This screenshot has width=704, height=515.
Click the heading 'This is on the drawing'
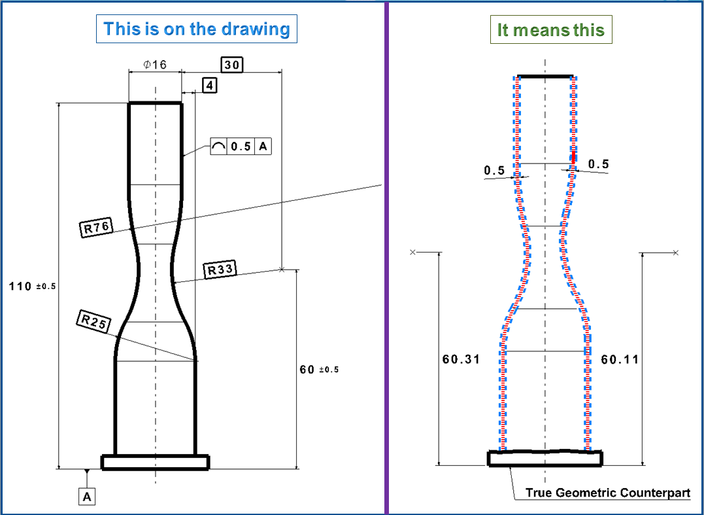point(196,29)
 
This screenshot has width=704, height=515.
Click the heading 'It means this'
point(551,30)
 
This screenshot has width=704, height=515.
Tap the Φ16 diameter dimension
point(155,64)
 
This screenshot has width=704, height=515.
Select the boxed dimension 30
point(231,64)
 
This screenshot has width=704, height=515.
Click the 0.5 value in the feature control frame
point(241,147)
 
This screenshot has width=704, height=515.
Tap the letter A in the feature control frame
point(263,147)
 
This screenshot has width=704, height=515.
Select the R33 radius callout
point(220,269)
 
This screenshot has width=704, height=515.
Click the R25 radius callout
point(94,321)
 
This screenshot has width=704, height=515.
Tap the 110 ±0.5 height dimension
point(32,287)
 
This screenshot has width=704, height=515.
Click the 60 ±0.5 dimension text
point(319,370)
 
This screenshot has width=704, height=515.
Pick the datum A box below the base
point(87,497)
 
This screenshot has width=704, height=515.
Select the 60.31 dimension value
point(461,359)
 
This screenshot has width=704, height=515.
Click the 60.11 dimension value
point(620,359)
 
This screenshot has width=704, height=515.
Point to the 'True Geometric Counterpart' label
point(607,492)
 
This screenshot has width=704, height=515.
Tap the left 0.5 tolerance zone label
point(494,171)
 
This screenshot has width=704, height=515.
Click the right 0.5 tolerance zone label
point(598,164)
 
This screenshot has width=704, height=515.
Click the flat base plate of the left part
point(155,462)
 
